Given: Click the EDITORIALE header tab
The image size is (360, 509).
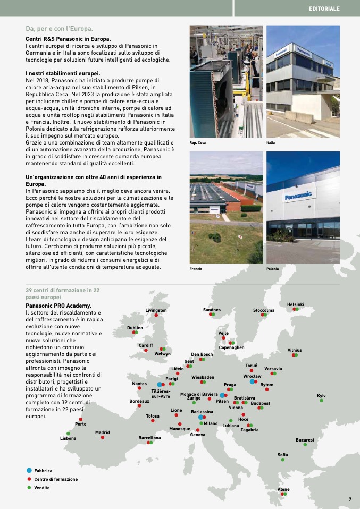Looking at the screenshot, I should [x=324, y=9].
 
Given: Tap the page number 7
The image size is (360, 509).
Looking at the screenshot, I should [x=350, y=499].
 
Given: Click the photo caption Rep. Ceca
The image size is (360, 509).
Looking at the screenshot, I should [x=198, y=143].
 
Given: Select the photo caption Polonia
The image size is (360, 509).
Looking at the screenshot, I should [x=273, y=269].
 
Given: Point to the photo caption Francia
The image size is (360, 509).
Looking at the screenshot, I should [x=196, y=269].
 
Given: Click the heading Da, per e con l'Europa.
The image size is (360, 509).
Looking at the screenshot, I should [x=59, y=28].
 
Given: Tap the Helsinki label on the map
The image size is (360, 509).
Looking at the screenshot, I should [x=295, y=304].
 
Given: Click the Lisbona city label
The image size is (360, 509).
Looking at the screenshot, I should [x=68, y=438].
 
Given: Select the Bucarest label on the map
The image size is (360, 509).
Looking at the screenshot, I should [x=305, y=440].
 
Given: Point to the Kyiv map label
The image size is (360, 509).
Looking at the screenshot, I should [x=321, y=396].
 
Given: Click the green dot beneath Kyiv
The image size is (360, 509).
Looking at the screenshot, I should [x=321, y=401].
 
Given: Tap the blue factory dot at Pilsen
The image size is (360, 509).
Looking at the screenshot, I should [x=222, y=395].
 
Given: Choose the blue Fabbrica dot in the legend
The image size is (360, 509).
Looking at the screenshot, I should [x=29, y=471].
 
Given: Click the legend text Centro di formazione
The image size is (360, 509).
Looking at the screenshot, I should [x=56, y=479].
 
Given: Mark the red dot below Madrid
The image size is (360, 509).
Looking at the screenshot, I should [x=103, y=437].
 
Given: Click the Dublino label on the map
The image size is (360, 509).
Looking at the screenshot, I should [x=135, y=328].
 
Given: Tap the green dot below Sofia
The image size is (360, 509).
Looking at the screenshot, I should [x=283, y=460].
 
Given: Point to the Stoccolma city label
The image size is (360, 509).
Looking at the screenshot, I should [x=264, y=310].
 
